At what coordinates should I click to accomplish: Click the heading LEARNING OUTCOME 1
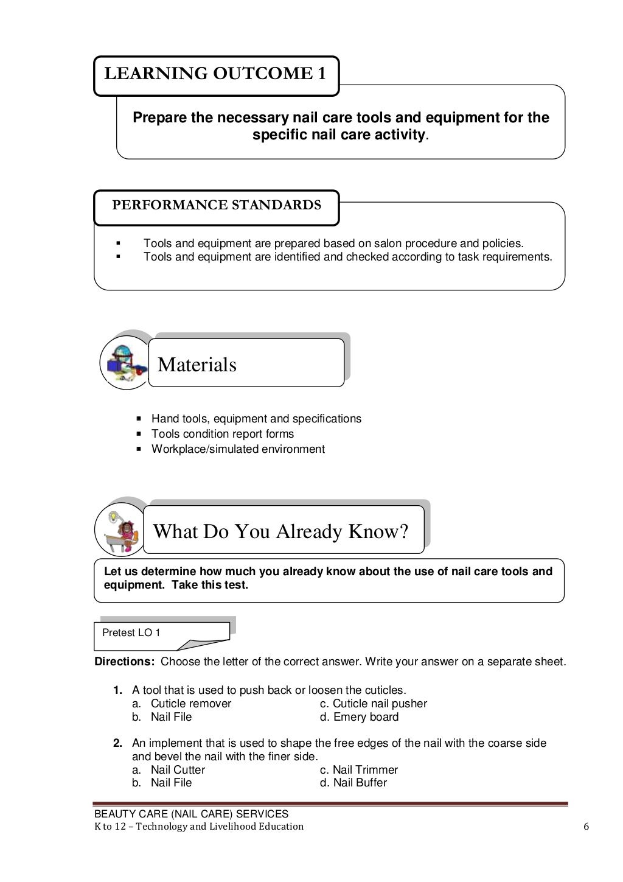pyautogui.click(x=215, y=74)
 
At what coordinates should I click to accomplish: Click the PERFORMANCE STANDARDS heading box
pyautogui.click(x=216, y=205)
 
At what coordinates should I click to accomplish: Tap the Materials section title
pyautogui.click(x=197, y=365)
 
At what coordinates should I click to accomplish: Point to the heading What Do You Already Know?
pyautogui.click(x=280, y=531)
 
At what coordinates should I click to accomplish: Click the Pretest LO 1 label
pyautogui.click(x=131, y=633)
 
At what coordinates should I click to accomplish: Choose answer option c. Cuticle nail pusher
pyautogui.click(x=373, y=704)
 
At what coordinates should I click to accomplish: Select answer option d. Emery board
pyautogui.click(x=359, y=717)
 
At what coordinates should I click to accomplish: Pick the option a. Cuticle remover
pyautogui.click(x=182, y=704)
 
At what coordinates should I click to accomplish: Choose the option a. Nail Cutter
pyautogui.click(x=169, y=770)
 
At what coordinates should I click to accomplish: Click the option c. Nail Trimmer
pyautogui.click(x=358, y=770)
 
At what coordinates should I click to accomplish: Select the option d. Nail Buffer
pyautogui.click(x=353, y=783)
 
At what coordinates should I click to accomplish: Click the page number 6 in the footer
pyautogui.click(x=586, y=827)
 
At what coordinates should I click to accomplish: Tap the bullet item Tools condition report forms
pyautogui.click(x=222, y=434)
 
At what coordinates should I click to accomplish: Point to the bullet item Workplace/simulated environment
pyautogui.click(x=238, y=449)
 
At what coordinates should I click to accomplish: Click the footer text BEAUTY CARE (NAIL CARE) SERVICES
pyautogui.click(x=191, y=814)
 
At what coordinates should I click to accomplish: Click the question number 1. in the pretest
pyautogui.click(x=117, y=690)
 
